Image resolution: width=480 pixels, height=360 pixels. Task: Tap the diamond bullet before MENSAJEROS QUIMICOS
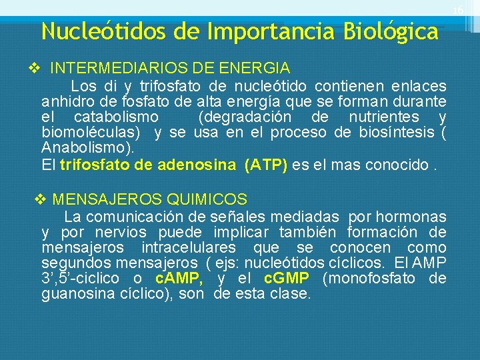click(39, 199)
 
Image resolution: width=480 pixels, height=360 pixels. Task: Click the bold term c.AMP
click(179, 278)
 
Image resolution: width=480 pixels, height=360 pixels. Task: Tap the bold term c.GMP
click(287, 278)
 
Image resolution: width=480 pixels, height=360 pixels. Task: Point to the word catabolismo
click(115, 117)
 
